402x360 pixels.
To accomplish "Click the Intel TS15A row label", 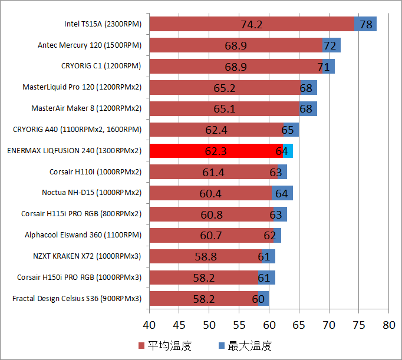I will point(103,24).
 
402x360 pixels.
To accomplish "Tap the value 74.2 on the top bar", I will point(252,24).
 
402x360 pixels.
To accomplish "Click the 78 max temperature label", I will point(366,24).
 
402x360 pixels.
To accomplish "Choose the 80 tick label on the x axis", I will point(388,325).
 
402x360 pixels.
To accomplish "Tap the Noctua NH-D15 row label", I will point(91,193).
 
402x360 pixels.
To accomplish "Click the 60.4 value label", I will point(211,193).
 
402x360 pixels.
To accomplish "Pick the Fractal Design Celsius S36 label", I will point(77,299).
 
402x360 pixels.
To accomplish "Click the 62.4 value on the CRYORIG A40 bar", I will point(216,130).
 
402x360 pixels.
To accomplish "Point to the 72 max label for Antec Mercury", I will point(329,45).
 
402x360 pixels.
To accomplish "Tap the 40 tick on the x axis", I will point(149,325).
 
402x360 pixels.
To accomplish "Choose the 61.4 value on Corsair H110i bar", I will point(213,172).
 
